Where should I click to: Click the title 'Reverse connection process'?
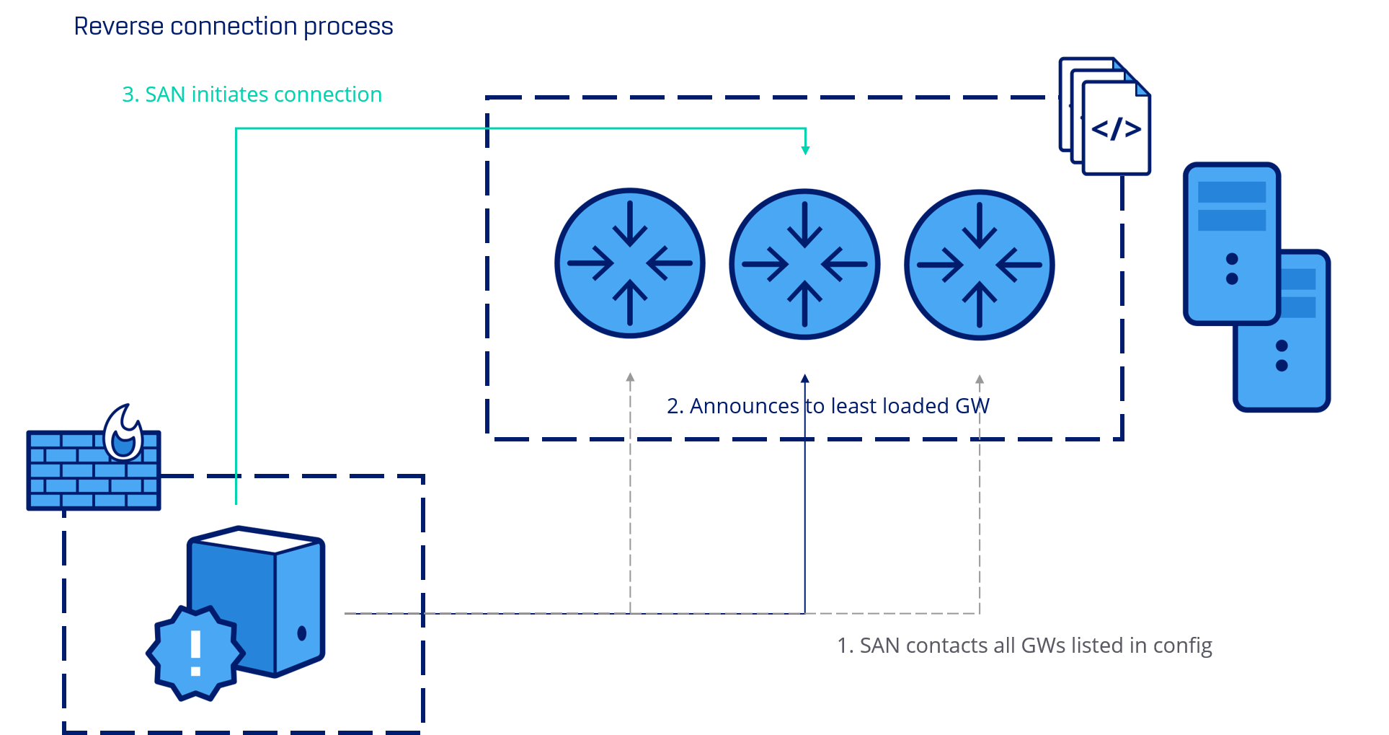[x=234, y=27]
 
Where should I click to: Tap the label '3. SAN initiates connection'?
[x=252, y=94]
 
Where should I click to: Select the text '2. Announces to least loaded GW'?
[x=827, y=406]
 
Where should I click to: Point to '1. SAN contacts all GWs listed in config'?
[x=1024, y=645]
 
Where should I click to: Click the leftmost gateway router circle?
[x=630, y=263]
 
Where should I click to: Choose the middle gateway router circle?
[x=804, y=264]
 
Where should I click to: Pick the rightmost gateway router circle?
[x=979, y=265]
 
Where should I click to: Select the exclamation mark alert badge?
[x=195, y=653]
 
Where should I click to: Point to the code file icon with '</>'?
[x=1116, y=129]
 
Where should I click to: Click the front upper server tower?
[x=1231, y=242]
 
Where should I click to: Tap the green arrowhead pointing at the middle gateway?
[x=805, y=150]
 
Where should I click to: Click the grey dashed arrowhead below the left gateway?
[x=630, y=377]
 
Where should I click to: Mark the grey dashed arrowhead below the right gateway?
[x=980, y=379]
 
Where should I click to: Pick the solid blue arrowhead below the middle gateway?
[x=805, y=379]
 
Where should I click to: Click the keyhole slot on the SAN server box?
[x=301, y=633]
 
